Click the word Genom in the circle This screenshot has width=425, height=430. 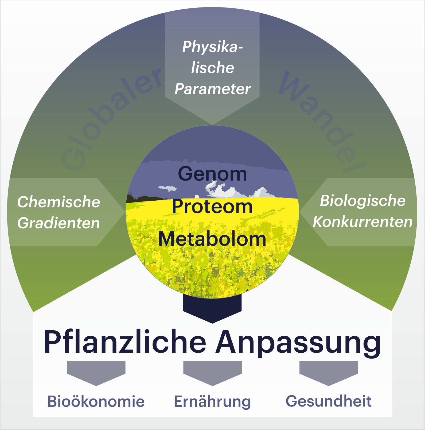tap(212, 174)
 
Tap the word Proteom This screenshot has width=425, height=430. tap(212, 206)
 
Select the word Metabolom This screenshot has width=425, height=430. tap(212, 239)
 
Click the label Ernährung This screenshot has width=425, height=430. tap(212, 402)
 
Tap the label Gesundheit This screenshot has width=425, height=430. tap(329, 401)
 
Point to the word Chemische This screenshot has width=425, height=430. tap(59, 202)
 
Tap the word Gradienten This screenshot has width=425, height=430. tap(59, 223)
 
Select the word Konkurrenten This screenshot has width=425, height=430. tap(363, 222)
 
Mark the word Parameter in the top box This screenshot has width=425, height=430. tap(213, 89)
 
